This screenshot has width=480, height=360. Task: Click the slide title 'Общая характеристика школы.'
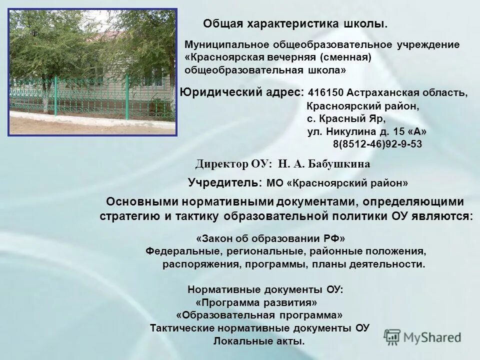point(295,23)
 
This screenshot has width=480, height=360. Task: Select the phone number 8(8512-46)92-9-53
point(377,144)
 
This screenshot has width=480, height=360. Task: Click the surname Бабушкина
point(339,164)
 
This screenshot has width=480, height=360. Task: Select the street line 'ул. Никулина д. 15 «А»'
point(366,132)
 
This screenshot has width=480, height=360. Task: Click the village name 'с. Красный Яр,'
point(346,119)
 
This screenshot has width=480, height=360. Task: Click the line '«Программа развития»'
point(256,303)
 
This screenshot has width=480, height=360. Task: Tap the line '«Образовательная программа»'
point(259,315)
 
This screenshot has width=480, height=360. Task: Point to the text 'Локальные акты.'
point(259,341)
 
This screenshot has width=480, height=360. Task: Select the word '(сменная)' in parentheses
point(346,57)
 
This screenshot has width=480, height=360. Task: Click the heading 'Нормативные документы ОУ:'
point(265,289)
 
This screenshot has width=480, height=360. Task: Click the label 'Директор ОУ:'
point(233,164)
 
